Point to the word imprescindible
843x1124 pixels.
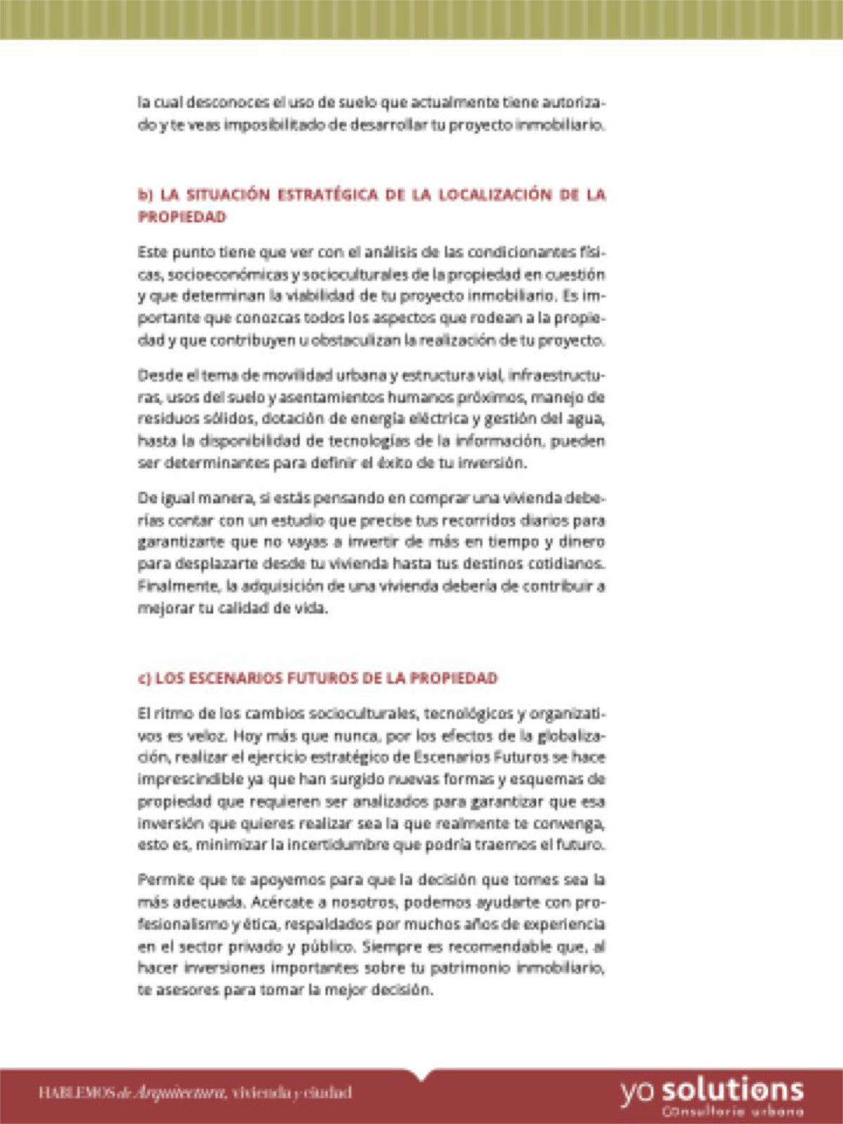point(186,779)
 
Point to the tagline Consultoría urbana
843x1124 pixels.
point(732,1112)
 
